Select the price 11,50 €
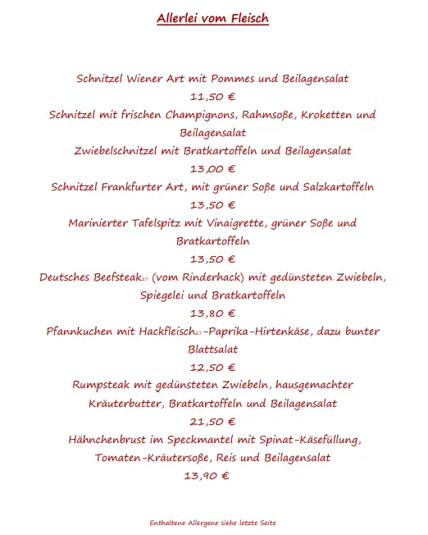click(212, 96)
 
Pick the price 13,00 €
click(212, 169)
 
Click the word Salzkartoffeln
click(336, 187)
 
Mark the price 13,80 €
click(212, 313)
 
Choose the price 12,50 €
click(212, 368)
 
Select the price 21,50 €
click(212, 422)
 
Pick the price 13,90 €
click(207, 476)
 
